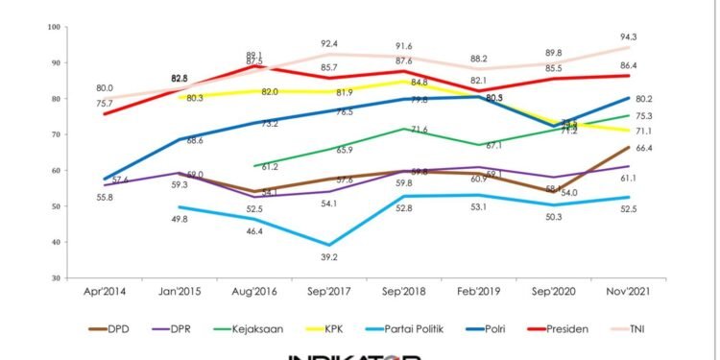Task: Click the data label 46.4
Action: click(x=255, y=232)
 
